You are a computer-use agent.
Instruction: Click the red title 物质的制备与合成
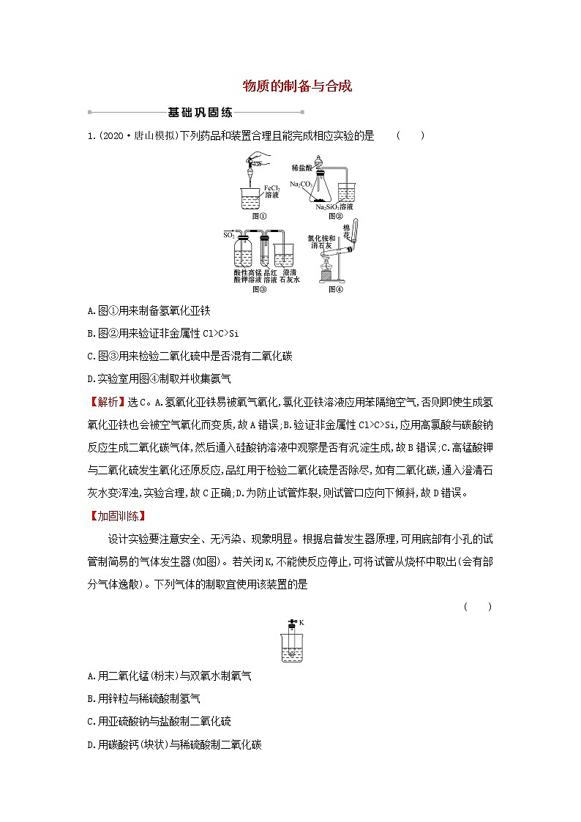[297, 86]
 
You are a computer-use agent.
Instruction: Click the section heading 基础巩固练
[200, 113]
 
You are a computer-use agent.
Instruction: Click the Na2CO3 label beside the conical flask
[300, 184]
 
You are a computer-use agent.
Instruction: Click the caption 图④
[336, 289]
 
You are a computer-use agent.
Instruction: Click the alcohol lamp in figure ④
[329, 271]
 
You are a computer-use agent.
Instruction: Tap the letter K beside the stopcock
[301, 623]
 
